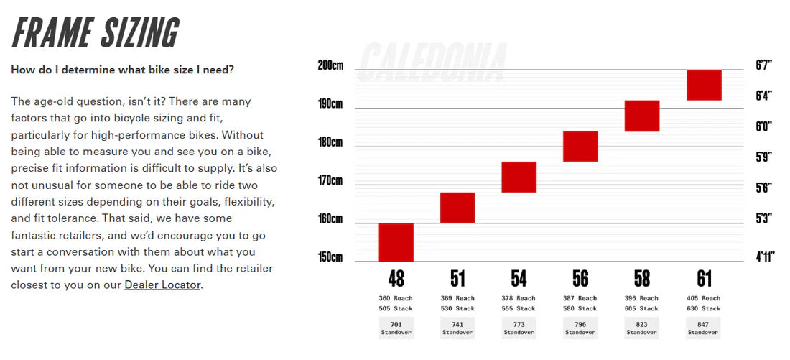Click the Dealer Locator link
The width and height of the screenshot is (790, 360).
point(163,285)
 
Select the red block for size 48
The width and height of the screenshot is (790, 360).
point(396,242)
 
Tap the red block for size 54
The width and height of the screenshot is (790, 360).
point(519,177)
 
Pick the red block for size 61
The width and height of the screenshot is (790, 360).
point(704,85)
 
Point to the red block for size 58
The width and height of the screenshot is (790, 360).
point(642,116)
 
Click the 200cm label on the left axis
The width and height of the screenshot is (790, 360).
point(330,65)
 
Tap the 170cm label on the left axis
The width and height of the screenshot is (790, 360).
point(330,180)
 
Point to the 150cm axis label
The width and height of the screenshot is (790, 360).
point(330,257)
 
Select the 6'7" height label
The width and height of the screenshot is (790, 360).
point(763,65)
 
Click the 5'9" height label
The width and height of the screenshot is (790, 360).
point(763,157)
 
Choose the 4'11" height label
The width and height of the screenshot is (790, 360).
point(765,257)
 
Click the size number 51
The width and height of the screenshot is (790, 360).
point(457,278)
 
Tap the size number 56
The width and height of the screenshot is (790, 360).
point(580,278)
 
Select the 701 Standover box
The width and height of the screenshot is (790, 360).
point(396,328)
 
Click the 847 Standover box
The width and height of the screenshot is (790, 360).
point(703,328)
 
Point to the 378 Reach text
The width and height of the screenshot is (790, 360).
point(519,298)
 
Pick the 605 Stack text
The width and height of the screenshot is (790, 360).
point(641,309)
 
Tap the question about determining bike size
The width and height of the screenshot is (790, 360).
point(122,70)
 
